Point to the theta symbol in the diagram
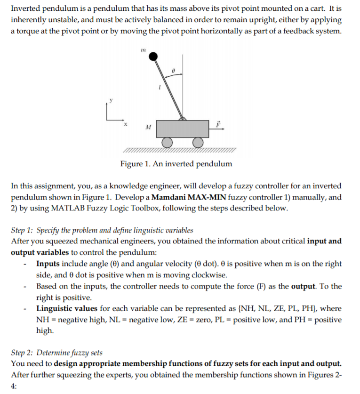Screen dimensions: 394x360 click(173, 69)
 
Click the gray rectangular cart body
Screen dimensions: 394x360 click(182, 128)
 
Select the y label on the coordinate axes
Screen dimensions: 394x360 click(111, 100)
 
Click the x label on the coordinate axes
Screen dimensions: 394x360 click(126, 124)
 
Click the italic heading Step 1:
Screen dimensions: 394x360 click(23, 230)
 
